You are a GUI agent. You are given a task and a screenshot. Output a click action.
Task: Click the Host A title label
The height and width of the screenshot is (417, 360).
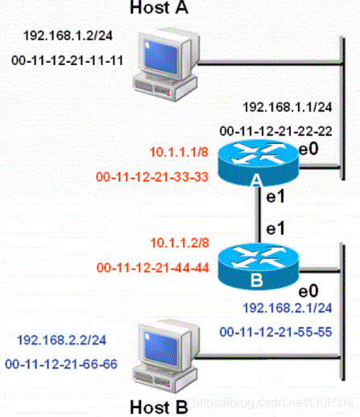[x=159, y=7]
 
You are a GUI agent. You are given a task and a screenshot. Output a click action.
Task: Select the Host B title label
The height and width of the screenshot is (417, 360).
[x=159, y=407]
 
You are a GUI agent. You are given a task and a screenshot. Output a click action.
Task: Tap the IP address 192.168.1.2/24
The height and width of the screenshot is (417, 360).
[x=68, y=35]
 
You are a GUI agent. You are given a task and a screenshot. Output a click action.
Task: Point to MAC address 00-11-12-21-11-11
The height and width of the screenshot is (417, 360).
[x=67, y=60]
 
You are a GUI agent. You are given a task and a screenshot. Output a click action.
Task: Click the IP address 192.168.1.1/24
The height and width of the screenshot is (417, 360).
[x=288, y=107]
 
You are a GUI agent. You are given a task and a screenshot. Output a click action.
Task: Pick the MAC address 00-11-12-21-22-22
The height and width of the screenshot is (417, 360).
[x=276, y=131]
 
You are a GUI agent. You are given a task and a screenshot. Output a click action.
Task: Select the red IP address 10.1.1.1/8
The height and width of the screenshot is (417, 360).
[x=179, y=152]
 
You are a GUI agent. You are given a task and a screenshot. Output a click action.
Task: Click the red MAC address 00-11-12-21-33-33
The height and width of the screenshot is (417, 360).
[x=152, y=177]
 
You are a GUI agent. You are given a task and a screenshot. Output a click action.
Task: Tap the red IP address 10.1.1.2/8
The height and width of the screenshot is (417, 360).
[x=180, y=243]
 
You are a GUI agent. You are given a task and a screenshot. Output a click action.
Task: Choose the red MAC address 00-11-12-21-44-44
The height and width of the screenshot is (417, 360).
[x=153, y=267]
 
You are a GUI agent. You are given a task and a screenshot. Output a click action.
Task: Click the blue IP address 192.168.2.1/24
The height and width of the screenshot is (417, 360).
[x=288, y=308]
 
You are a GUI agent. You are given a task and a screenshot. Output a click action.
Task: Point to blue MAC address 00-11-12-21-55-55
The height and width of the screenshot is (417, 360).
[x=276, y=332]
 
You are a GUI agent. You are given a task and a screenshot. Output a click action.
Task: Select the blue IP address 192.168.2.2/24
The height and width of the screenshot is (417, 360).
[x=61, y=340]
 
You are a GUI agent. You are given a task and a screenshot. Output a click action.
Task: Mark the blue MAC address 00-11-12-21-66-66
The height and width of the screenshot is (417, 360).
[x=61, y=364]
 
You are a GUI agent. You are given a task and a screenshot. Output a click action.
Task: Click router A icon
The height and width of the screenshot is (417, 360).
[x=258, y=163]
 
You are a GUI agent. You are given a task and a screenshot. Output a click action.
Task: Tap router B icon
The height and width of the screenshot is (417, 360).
[x=258, y=266]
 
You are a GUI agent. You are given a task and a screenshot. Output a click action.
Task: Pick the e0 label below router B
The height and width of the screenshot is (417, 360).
[x=308, y=291]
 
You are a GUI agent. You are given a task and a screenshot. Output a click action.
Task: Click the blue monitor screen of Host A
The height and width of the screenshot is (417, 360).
[x=160, y=57]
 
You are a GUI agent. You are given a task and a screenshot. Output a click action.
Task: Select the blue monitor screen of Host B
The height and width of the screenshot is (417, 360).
[x=160, y=349]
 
